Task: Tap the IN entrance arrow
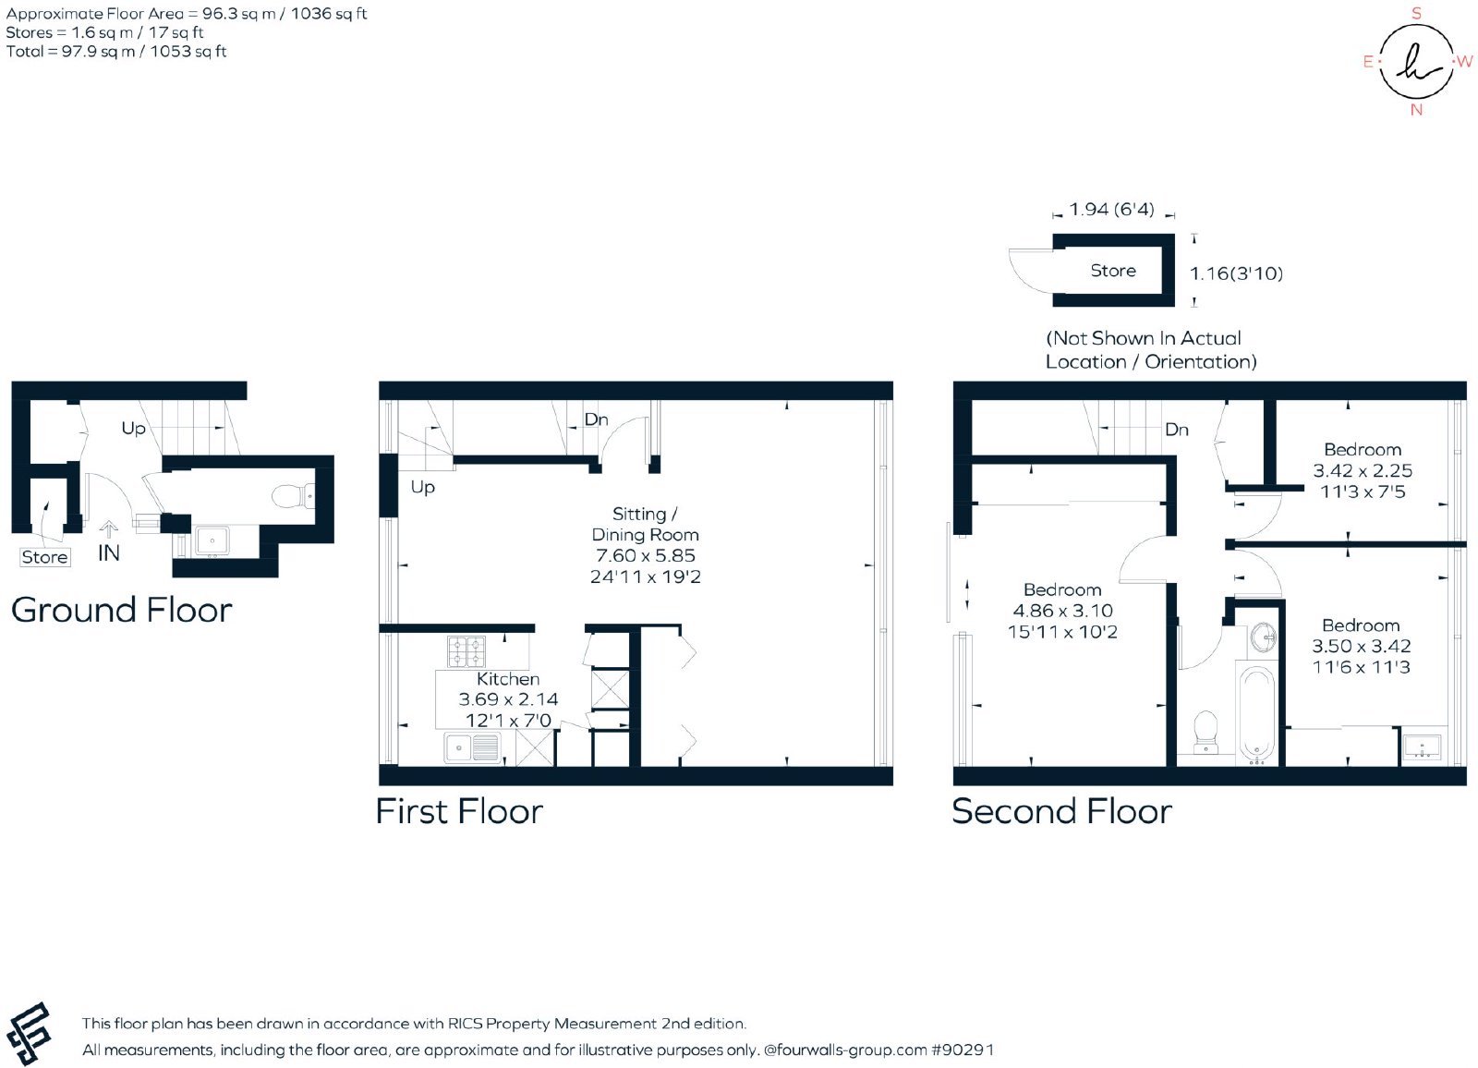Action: (x=108, y=528)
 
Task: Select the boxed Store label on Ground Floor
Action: (x=45, y=557)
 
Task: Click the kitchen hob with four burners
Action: (x=466, y=652)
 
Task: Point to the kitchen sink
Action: (x=472, y=748)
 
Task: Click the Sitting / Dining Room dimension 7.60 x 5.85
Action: (x=646, y=556)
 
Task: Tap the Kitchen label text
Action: (x=508, y=679)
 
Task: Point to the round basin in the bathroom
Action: (x=1262, y=638)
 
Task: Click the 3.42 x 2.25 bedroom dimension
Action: (x=1363, y=470)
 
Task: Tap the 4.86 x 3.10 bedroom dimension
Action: (x=1062, y=611)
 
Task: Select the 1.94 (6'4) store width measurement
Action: (x=1112, y=209)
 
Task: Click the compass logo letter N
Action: (x=1416, y=110)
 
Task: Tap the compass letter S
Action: (x=1416, y=13)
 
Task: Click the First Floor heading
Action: (x=459, y=811)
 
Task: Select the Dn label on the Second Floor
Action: (x=1177, y=430)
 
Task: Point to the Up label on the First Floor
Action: (x=422, y=488)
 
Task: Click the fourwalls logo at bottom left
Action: (x=28, y=1034)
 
